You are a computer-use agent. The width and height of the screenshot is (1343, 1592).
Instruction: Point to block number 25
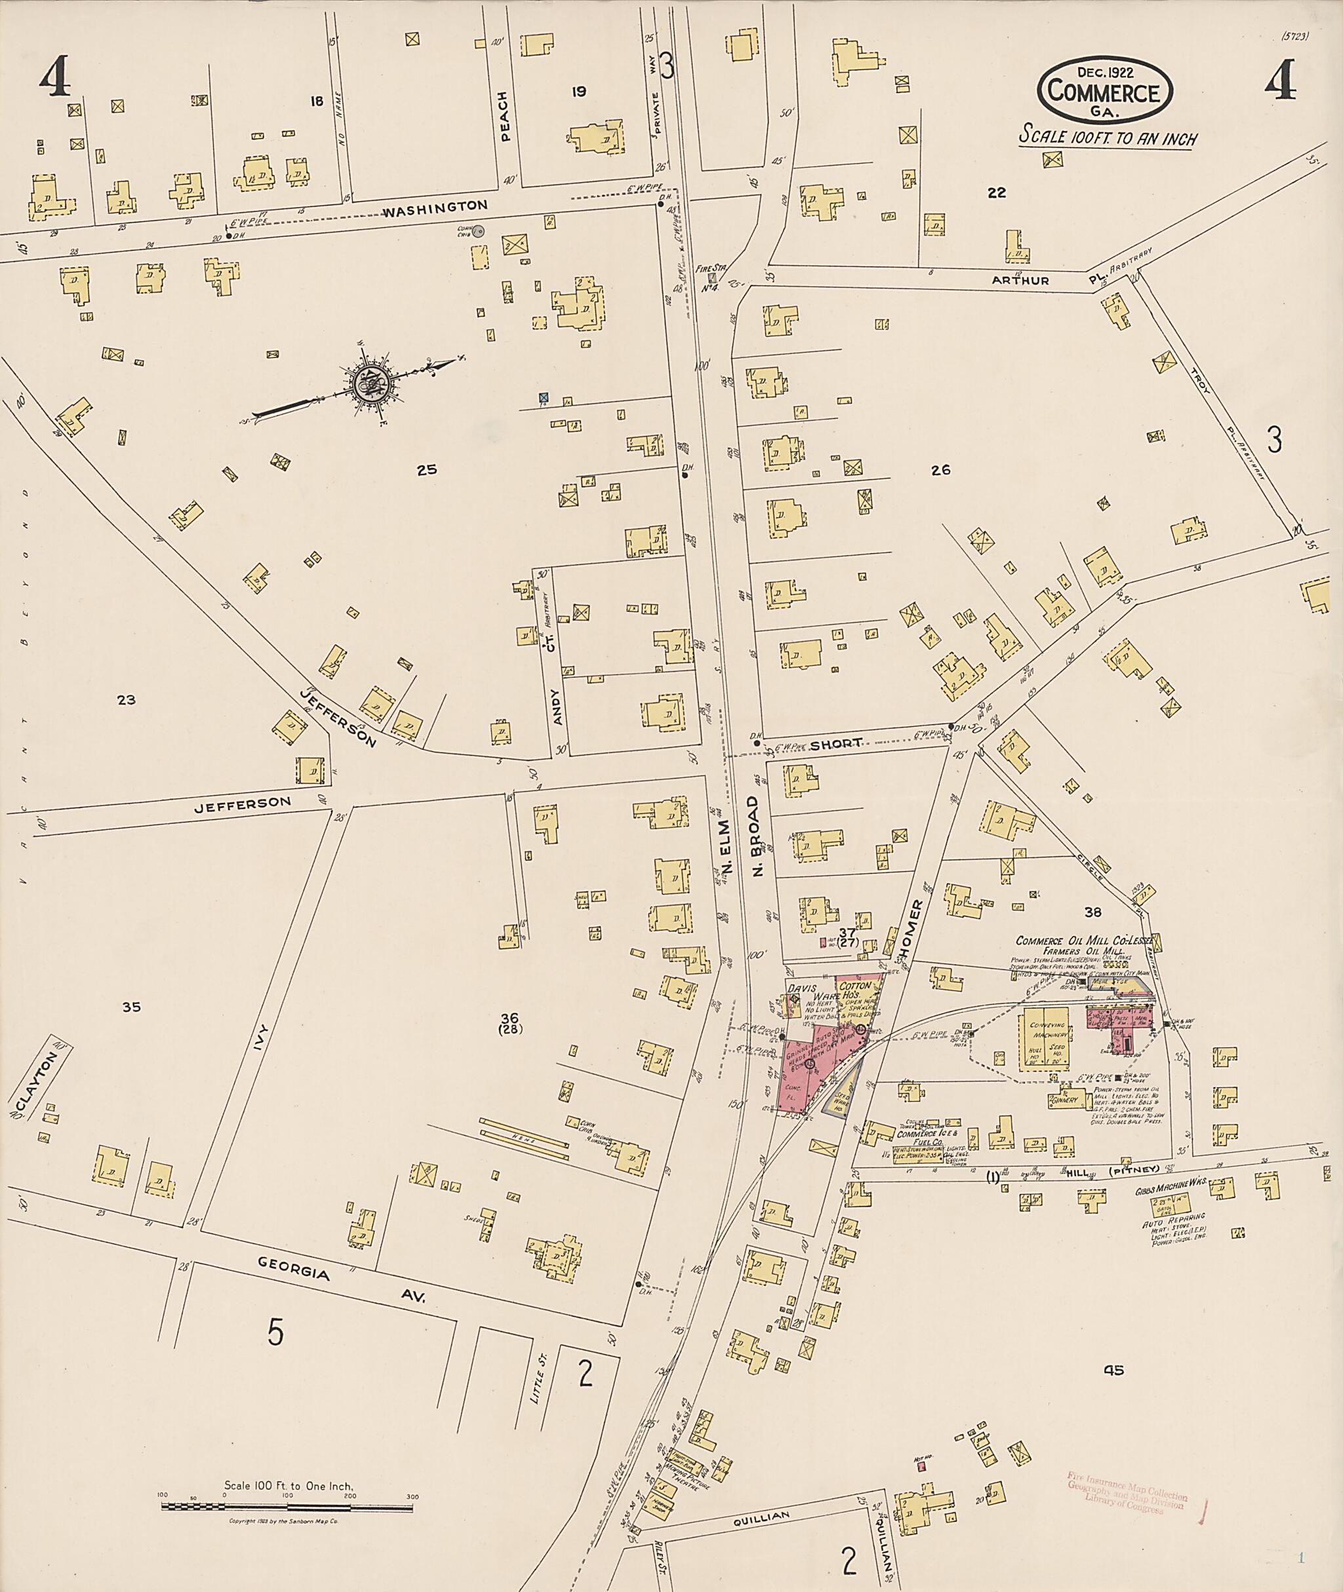click(x=426, y=469)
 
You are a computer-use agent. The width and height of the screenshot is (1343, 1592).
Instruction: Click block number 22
click(x=996, y=193)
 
